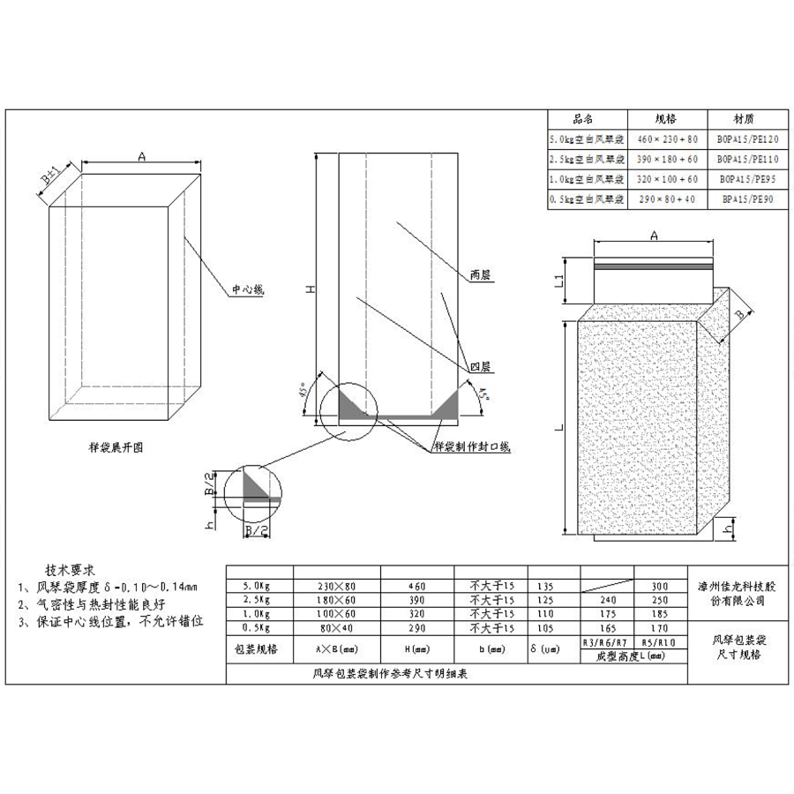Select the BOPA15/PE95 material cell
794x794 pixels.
pos(748,179)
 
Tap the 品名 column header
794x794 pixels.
pos(588,119)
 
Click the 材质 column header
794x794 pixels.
pos(748,119)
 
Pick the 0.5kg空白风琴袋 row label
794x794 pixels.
pos(588,199)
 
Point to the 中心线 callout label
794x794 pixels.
pos(249,288)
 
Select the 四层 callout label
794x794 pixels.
pos(480,365)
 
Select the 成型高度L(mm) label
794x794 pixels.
pos(632,657)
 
